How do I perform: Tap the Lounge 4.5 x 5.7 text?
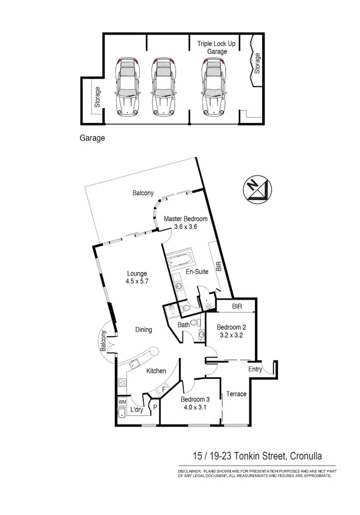pos(136,278)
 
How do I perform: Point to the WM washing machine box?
pos(122,401)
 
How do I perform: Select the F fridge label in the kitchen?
pos(164,390)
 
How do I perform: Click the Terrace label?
pos(236,394)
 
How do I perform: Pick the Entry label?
pos(255,370)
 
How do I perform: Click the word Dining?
pos(144,330)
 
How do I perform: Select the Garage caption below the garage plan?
pos(92,138)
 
